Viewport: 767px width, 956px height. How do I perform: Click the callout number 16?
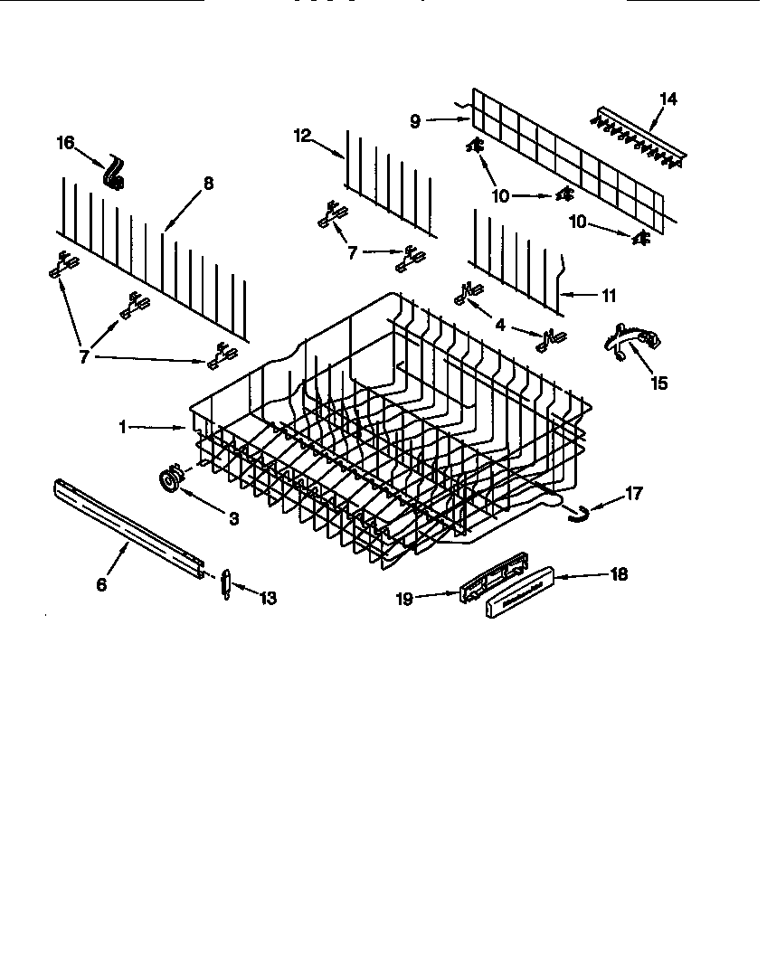tap(66, 143)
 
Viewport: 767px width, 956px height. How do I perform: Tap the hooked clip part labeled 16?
tap(114, 174)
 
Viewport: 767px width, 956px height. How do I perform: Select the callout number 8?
tap(208, 184)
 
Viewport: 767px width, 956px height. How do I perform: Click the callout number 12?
tap(302, 136)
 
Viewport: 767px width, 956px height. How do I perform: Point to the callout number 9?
tap(415, 121)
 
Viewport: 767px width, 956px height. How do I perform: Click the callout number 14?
tap(668, 99)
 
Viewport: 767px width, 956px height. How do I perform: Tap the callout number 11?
tap(609, 295)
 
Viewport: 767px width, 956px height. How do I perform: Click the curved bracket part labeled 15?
tap(631, 343)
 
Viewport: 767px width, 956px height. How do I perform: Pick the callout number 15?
tap(659, 383)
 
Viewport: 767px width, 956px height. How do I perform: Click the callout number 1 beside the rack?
tap(123, 427)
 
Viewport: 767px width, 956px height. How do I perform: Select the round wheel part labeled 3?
tap(170, 480)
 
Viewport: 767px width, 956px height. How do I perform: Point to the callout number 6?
tap(101, 585)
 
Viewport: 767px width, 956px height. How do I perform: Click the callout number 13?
tap(268, 598)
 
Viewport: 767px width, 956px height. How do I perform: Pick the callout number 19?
tap(407, 599)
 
